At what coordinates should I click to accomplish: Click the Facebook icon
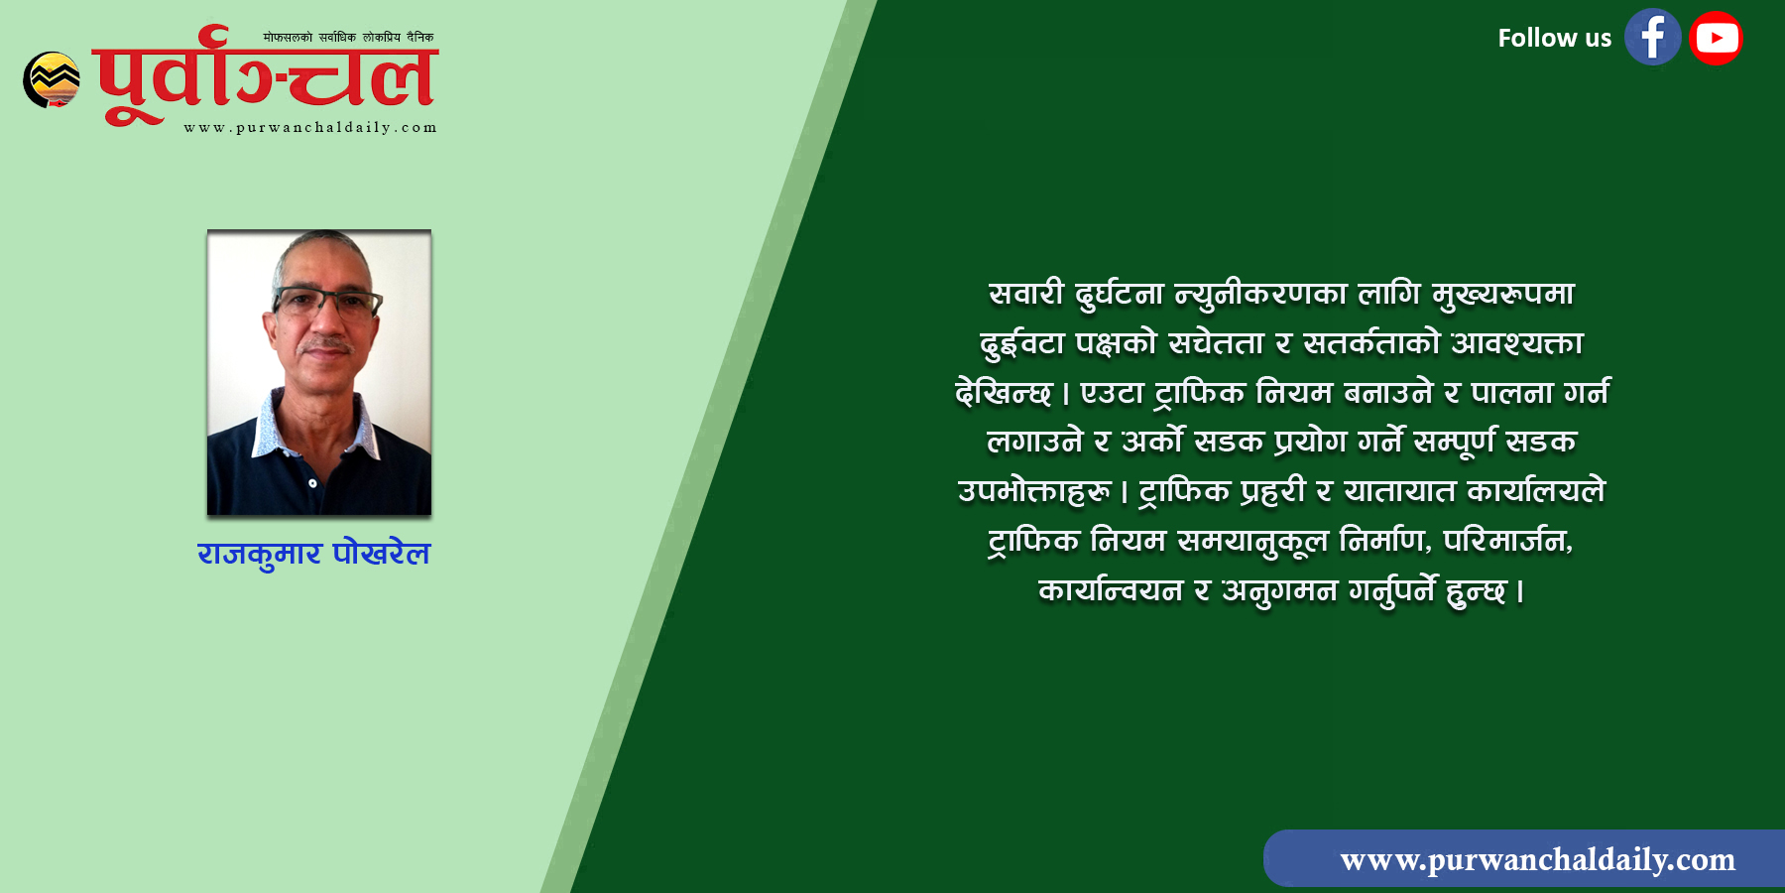click(1652, 38)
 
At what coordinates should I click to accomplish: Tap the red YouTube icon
click(1717, 38)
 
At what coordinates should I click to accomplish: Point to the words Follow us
click(1554, 39)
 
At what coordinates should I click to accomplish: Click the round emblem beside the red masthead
click(52, 79)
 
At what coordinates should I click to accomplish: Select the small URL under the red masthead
click(310, 127)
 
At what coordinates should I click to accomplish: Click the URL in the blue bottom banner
click(1538, 859)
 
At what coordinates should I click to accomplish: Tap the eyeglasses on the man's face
click(325, 302)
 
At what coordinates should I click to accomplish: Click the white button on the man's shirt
click(312, 484)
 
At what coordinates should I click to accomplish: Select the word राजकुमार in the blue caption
click(260, 554)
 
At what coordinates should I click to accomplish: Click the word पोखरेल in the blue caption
click(382, 553)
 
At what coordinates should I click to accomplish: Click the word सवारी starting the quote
click(1026, 294)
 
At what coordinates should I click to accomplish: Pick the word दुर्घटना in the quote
click(1119, 295)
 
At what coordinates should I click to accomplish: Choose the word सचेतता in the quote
click(1217, 343)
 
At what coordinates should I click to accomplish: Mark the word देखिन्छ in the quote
click(1003, 393)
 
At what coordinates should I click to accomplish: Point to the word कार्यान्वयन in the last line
click(1111, 590)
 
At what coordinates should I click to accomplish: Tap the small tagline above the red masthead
click(348, 38)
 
